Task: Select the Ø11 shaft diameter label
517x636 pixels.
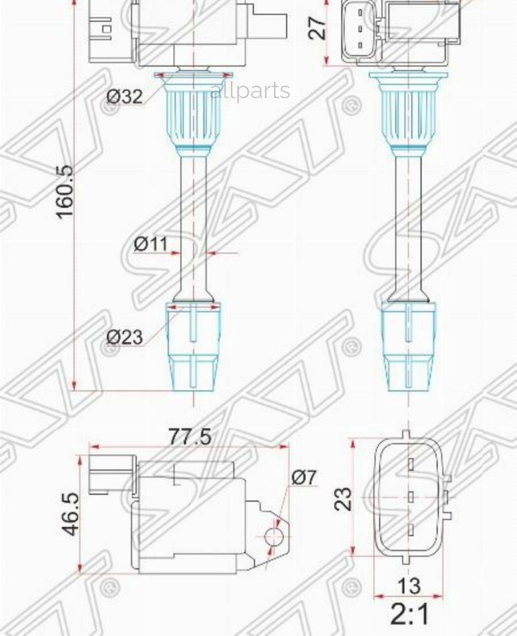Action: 151,244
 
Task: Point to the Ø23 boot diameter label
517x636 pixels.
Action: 125,336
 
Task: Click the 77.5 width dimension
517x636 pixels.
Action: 190,437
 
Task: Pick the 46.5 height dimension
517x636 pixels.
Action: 70,513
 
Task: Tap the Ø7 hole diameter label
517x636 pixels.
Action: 304,477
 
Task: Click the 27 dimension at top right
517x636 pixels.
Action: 318,28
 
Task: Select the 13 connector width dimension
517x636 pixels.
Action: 408,586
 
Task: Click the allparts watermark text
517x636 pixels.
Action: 250,91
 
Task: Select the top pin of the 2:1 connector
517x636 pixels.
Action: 411,464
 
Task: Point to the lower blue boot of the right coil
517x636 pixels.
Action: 408,347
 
